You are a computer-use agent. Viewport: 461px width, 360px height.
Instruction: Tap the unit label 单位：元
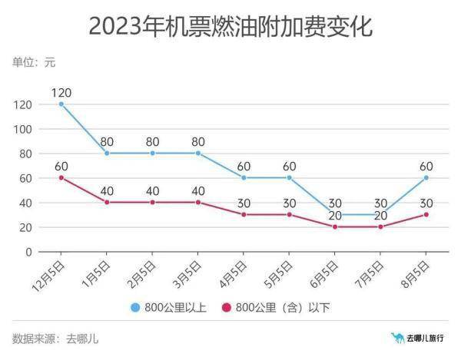click(x=34, y=62)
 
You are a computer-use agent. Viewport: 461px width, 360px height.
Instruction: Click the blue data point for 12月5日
click(x=61, y=104)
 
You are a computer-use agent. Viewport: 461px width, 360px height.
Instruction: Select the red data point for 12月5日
click(x=61, y=178)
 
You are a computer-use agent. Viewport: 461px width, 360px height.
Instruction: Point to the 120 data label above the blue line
click(x=61, y=92)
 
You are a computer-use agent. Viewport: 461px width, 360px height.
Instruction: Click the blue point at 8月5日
click(x=426, y=178)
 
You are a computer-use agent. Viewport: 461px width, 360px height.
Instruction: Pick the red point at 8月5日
click(x=426, y=215)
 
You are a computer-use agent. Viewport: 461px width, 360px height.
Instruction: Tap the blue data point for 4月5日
click(x=244, y=178)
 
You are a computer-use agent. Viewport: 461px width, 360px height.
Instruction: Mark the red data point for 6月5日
click(x=335, y=227)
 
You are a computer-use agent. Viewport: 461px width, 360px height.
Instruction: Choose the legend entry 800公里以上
click(x=173, y=308)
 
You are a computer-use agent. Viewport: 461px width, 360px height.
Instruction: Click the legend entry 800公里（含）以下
click(x=281, y=308)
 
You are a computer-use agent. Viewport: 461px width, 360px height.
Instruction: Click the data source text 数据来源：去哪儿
click(x=55, y=339)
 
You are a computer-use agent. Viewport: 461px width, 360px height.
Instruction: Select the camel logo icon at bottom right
click(x=397, y=338)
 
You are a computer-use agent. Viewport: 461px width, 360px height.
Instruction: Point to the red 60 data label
click(x=61, y=166)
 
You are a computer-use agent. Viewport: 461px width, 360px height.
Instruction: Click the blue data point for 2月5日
click(x=152, y=154)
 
